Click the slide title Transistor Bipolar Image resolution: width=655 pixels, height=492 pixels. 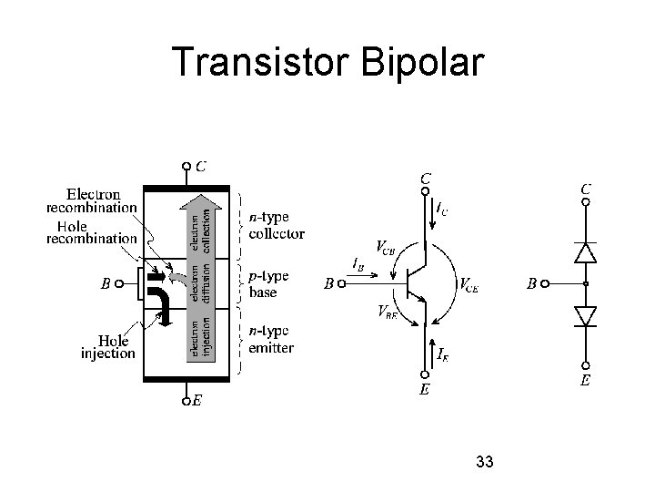click(327, 61)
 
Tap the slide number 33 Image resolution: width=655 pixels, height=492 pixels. click(484, 462)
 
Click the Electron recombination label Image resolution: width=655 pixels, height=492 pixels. click(91, 200)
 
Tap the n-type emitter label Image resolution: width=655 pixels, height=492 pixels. click(271, 341)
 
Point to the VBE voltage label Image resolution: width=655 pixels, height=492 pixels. click(387, 312)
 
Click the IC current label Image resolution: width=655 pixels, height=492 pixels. click(441, 210)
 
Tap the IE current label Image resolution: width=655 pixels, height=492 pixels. click(441, 353)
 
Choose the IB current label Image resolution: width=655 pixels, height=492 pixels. click(358, 264)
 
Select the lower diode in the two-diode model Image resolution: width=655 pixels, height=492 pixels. click(587, 315)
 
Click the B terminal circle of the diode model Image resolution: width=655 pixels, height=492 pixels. click(545, 284)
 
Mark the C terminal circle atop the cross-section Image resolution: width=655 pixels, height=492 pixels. click(186, 167)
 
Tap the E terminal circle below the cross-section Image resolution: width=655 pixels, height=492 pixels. click(186, 398)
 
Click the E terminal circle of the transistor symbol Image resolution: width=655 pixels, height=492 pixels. click(424, 374)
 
